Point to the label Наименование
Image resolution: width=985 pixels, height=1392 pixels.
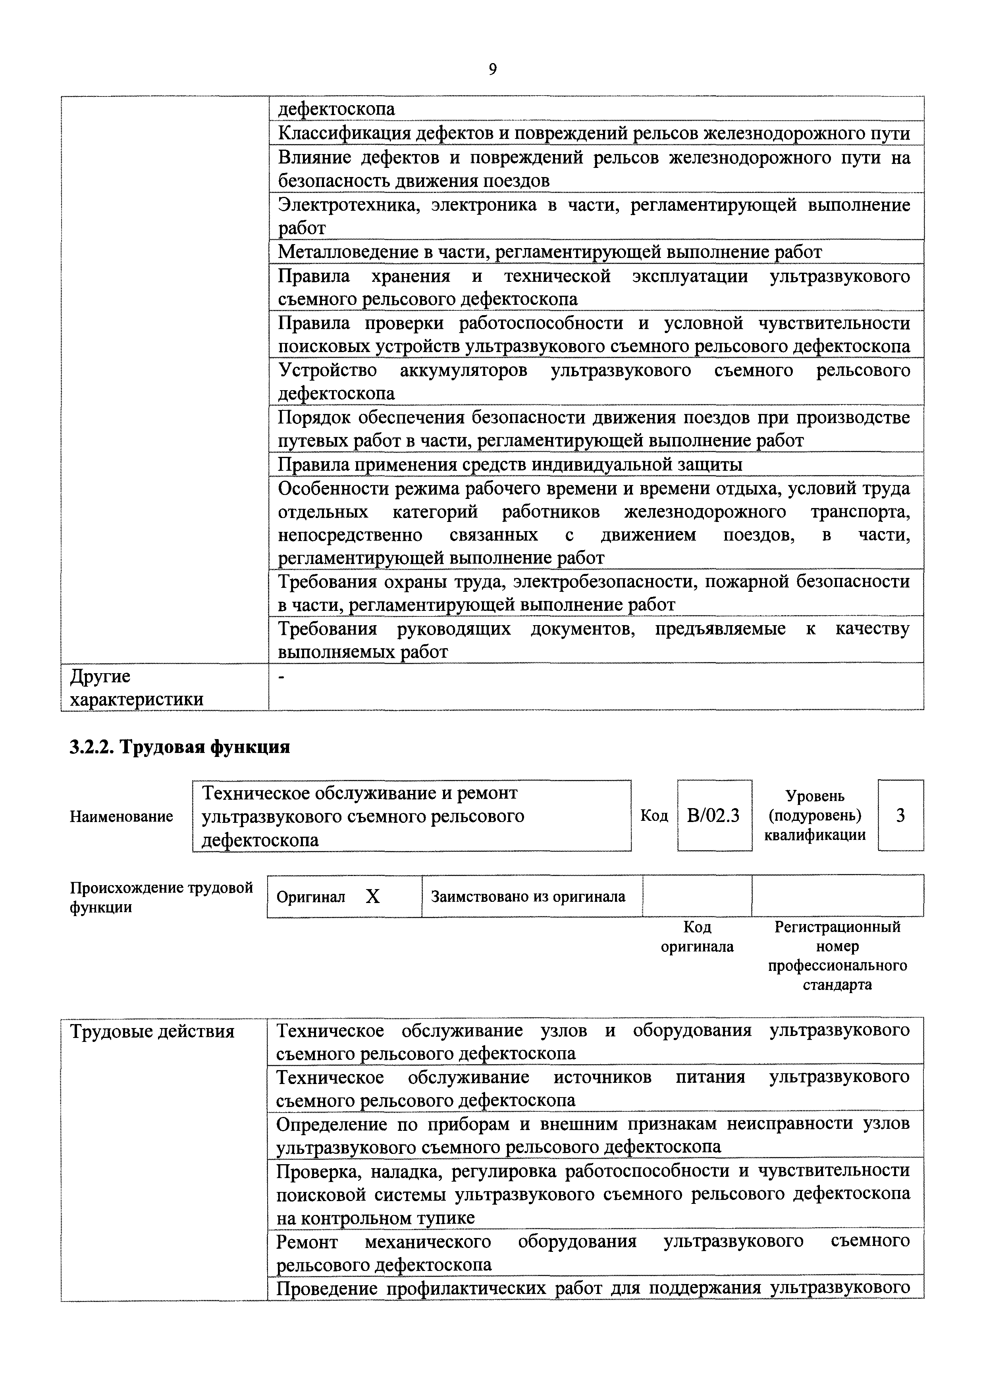[x=121, y=816]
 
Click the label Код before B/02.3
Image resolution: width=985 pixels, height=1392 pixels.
[x=654, y=816]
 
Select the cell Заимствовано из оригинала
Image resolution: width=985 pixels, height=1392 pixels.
[x=528, y=897]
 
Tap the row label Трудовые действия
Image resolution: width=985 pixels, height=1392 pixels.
[x=152, y=1031]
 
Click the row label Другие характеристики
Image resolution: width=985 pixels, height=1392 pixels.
[x=137, y=687]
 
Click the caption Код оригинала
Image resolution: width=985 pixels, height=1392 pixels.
[x=697, y=937]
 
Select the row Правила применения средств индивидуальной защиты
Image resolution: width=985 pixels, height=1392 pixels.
[x=509, y=464]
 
